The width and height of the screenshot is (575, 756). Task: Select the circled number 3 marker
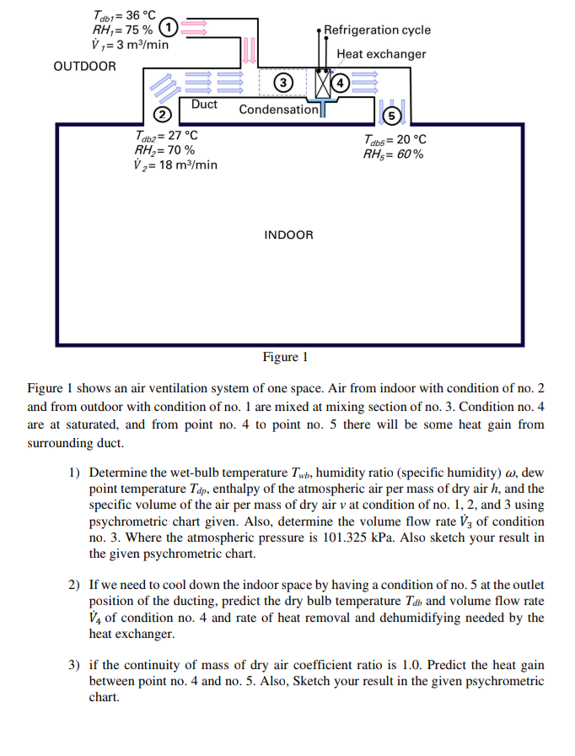point(283,82)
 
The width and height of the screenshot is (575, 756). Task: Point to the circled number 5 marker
point(390,116)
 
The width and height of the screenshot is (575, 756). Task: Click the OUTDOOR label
point(84,66)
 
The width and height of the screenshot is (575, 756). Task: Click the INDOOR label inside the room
point(288,235)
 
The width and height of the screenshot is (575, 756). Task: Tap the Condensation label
point(279,110)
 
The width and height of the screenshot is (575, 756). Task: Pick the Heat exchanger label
point(381,54)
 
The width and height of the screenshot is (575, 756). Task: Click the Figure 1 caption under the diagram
point(286,357)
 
